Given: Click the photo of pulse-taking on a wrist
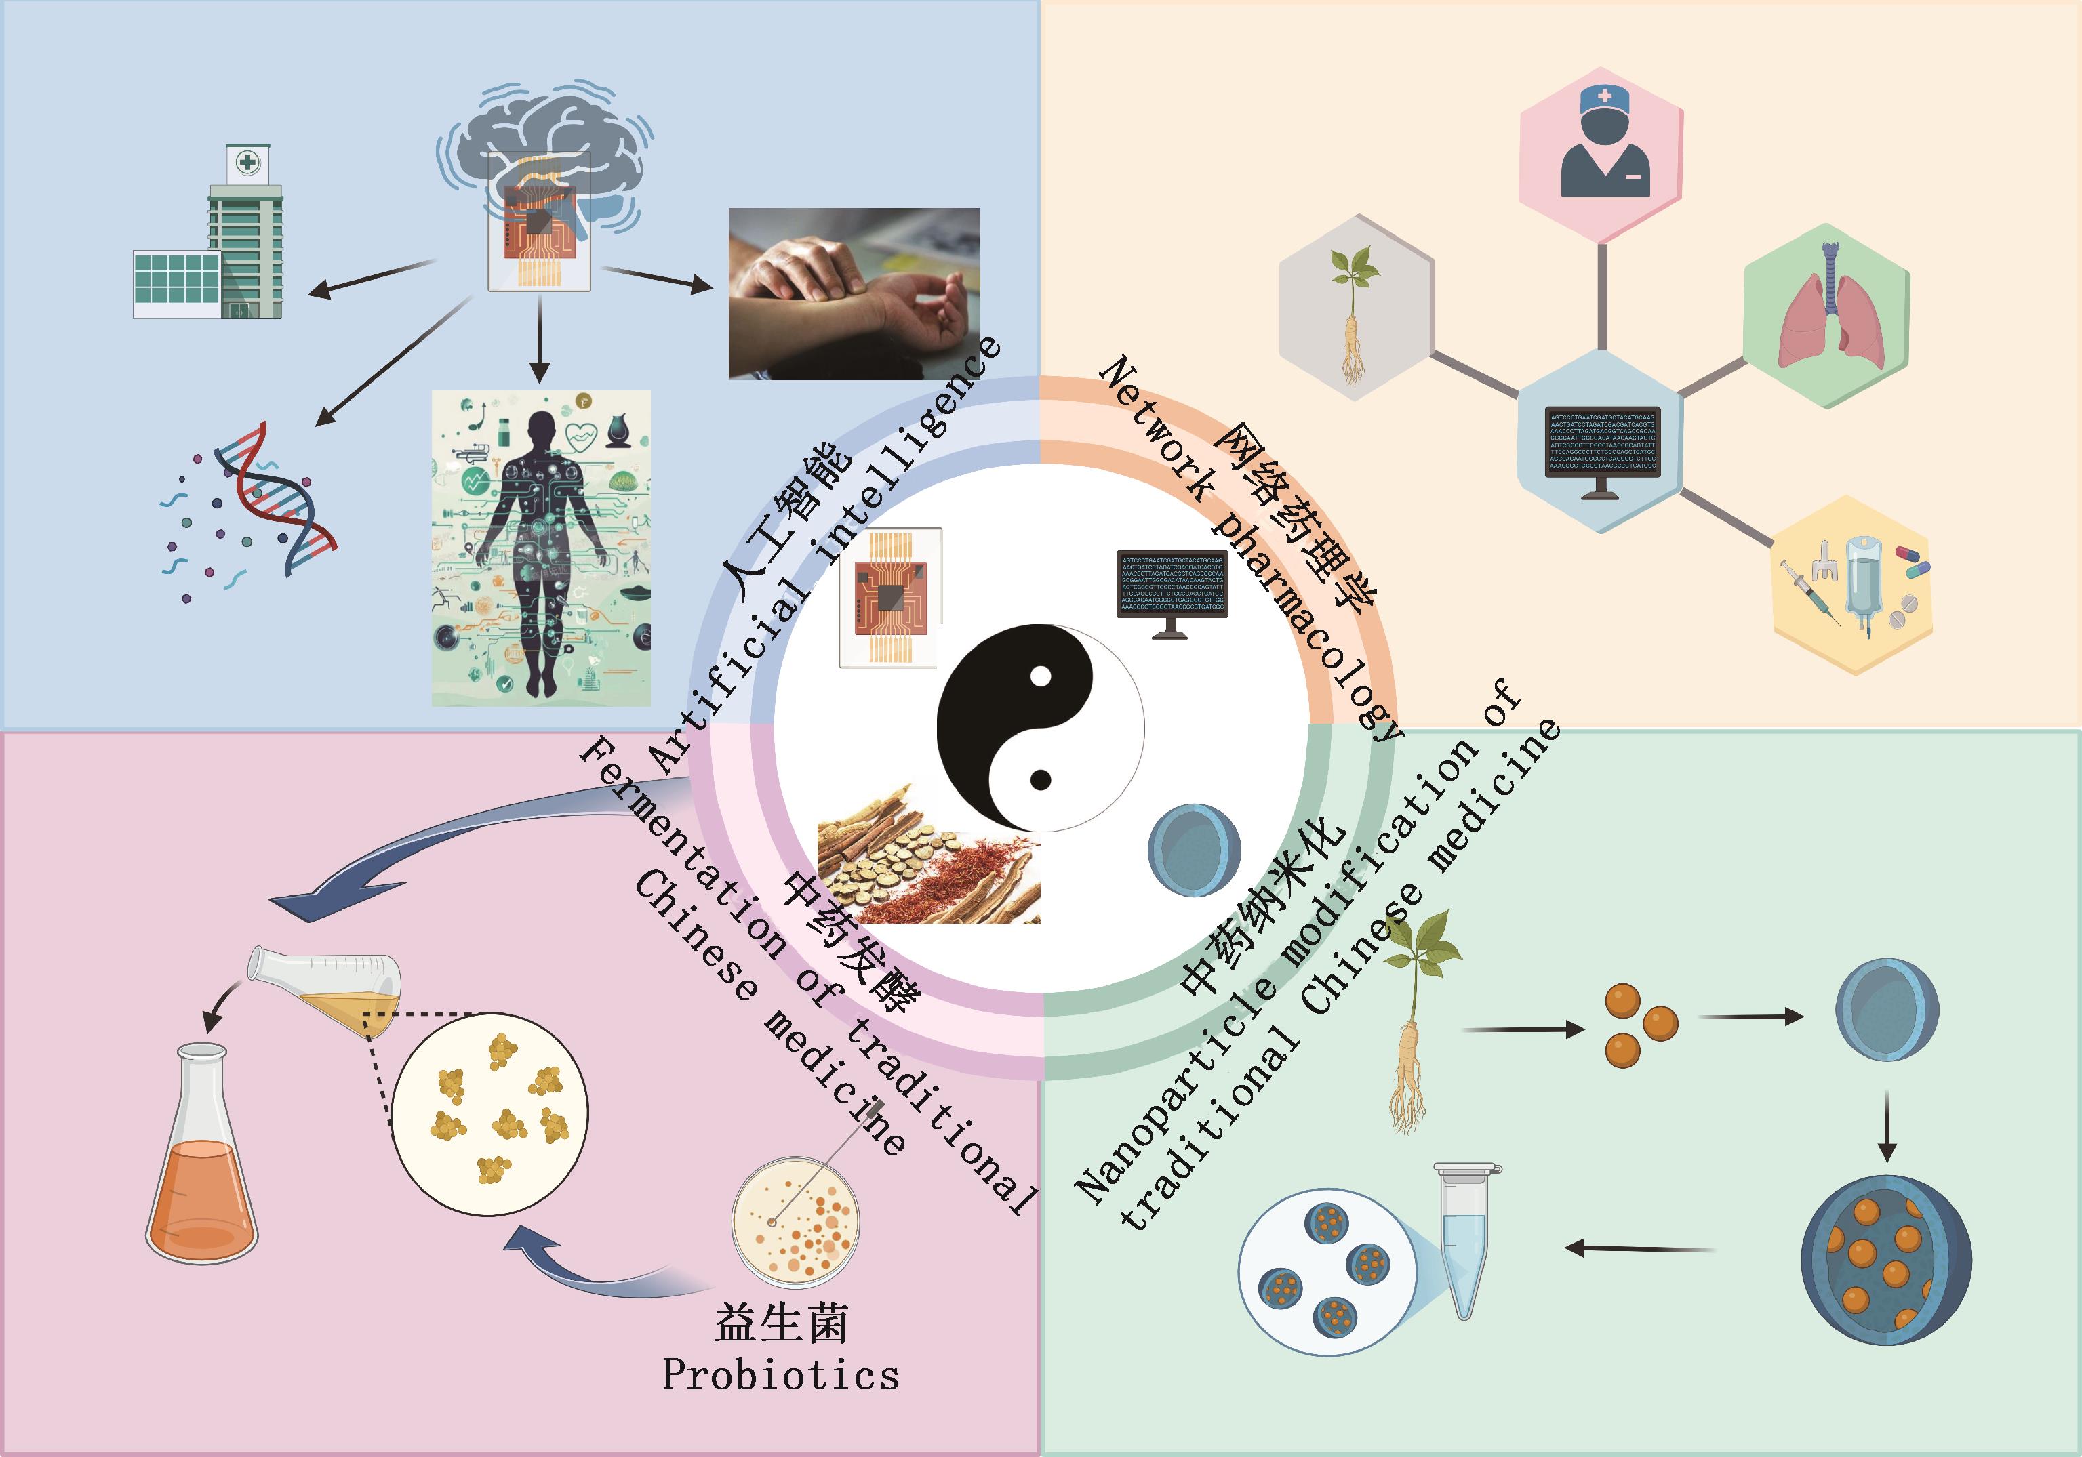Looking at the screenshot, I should (854, 293).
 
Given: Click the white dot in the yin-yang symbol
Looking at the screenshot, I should (1041, 676).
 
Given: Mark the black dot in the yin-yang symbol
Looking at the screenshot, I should (1041, 780).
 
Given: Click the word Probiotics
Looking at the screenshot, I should (781, 1376).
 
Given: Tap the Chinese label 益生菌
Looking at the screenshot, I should (781, 1323).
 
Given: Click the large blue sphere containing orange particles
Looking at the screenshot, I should (1886, 1260).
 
